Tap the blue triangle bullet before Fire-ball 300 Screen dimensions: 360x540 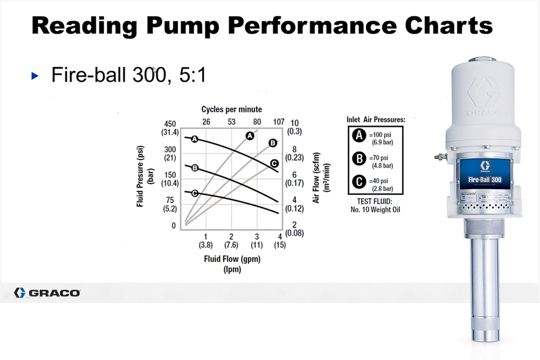35,76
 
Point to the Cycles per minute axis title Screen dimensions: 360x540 232,109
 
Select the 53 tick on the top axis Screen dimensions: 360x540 232,122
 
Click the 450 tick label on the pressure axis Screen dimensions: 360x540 170,124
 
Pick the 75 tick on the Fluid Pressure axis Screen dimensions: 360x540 170,200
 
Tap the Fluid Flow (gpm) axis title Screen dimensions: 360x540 232,259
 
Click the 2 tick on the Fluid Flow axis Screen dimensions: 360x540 231,237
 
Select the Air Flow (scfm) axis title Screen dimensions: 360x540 316,178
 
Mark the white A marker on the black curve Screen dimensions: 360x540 194,139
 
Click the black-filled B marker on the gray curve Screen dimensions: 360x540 273,143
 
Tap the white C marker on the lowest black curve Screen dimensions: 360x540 195,193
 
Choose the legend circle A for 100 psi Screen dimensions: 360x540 359,135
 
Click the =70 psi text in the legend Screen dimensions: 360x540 381,159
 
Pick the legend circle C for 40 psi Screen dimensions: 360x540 359,182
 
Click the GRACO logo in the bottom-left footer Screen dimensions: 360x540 47,292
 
